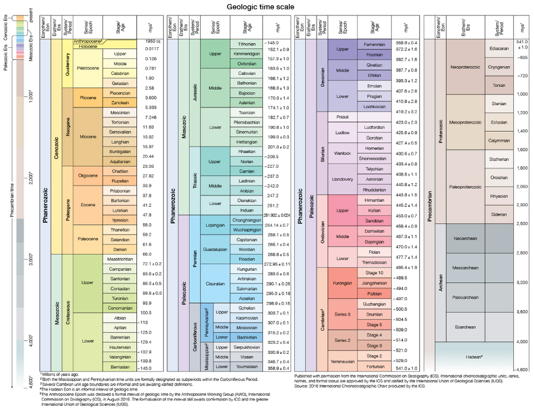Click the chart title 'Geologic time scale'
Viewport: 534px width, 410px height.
tap(261, 7)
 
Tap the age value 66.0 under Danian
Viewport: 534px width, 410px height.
tap(148, 254)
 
